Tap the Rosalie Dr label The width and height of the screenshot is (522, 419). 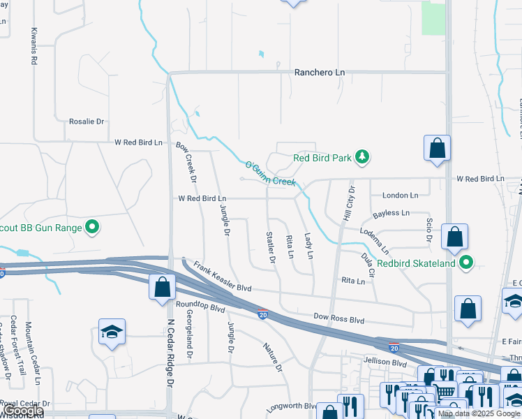point(86,121)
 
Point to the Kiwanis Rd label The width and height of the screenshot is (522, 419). point(33,47)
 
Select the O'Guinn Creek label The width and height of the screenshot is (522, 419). point(270,173)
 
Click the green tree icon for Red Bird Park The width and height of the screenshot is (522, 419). point(361,157)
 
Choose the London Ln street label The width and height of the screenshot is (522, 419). point(400,196)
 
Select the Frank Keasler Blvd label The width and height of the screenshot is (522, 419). point(222,277)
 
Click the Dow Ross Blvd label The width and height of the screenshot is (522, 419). point(339,318)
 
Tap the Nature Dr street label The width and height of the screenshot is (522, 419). point(273,357)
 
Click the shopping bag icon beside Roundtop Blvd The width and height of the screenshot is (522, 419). point(162,286)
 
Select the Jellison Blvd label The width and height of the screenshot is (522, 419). point(385,363)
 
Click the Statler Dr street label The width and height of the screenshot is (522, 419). point(270,247)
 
